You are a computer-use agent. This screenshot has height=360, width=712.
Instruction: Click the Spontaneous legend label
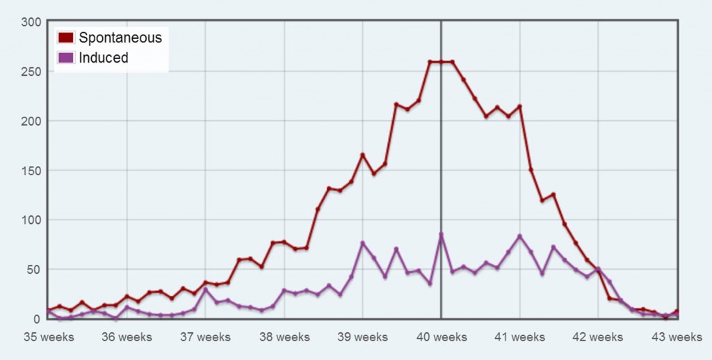point(120,38)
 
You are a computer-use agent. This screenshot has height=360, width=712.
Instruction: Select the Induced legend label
point(104,58)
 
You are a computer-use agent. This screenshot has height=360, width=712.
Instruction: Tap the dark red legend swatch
point(66,38)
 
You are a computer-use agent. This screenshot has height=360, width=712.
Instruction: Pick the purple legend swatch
point(66,58)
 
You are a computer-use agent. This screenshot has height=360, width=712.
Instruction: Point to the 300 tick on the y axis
point(31,22)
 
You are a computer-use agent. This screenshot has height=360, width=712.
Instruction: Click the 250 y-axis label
point(31,72)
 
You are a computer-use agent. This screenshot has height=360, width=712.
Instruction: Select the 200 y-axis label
point(31,121)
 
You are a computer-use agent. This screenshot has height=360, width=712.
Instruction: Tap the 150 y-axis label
point(31,170)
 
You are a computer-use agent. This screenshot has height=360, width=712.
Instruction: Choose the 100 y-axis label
point(31,220)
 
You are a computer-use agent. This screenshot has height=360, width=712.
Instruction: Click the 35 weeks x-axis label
point(48,337)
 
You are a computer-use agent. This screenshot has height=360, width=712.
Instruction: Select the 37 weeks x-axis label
point(205,337)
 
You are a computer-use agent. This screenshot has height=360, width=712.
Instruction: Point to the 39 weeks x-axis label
point(362,337)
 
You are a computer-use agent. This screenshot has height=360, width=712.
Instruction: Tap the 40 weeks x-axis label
point(441,337)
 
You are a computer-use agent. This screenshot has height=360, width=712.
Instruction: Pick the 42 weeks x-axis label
point(598,337)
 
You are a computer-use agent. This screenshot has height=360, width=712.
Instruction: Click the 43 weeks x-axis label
point(677,337)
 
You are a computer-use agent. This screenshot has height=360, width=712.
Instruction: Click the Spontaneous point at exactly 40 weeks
point(441,62)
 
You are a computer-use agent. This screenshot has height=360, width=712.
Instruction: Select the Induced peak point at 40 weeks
point(441,235)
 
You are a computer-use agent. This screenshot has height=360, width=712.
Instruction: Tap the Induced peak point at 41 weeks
point(519,236)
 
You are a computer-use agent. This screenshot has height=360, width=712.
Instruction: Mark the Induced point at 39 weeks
point(362,243)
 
